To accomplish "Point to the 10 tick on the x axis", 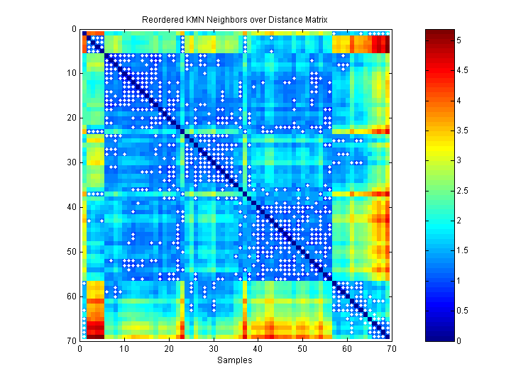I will click(x=124, y=348).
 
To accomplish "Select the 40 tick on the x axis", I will click(x=258, y=348).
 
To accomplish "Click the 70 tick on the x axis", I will click(x=391, y=348).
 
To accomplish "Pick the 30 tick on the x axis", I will click(x=213, y=348).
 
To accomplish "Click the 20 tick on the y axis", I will click(x=72, y=118).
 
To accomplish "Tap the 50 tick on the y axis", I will click(x=72, y=251).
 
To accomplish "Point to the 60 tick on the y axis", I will click(x=72, y=296).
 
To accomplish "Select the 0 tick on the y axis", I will click(x=74, y=29).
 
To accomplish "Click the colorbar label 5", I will click(x=459, y=41).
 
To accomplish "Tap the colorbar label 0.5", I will click(x=463, y=311).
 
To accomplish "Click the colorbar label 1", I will click(x=459, y=281).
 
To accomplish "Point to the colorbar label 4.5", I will click(x=463, y=71).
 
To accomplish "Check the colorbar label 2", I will click(x=459, y=221).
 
